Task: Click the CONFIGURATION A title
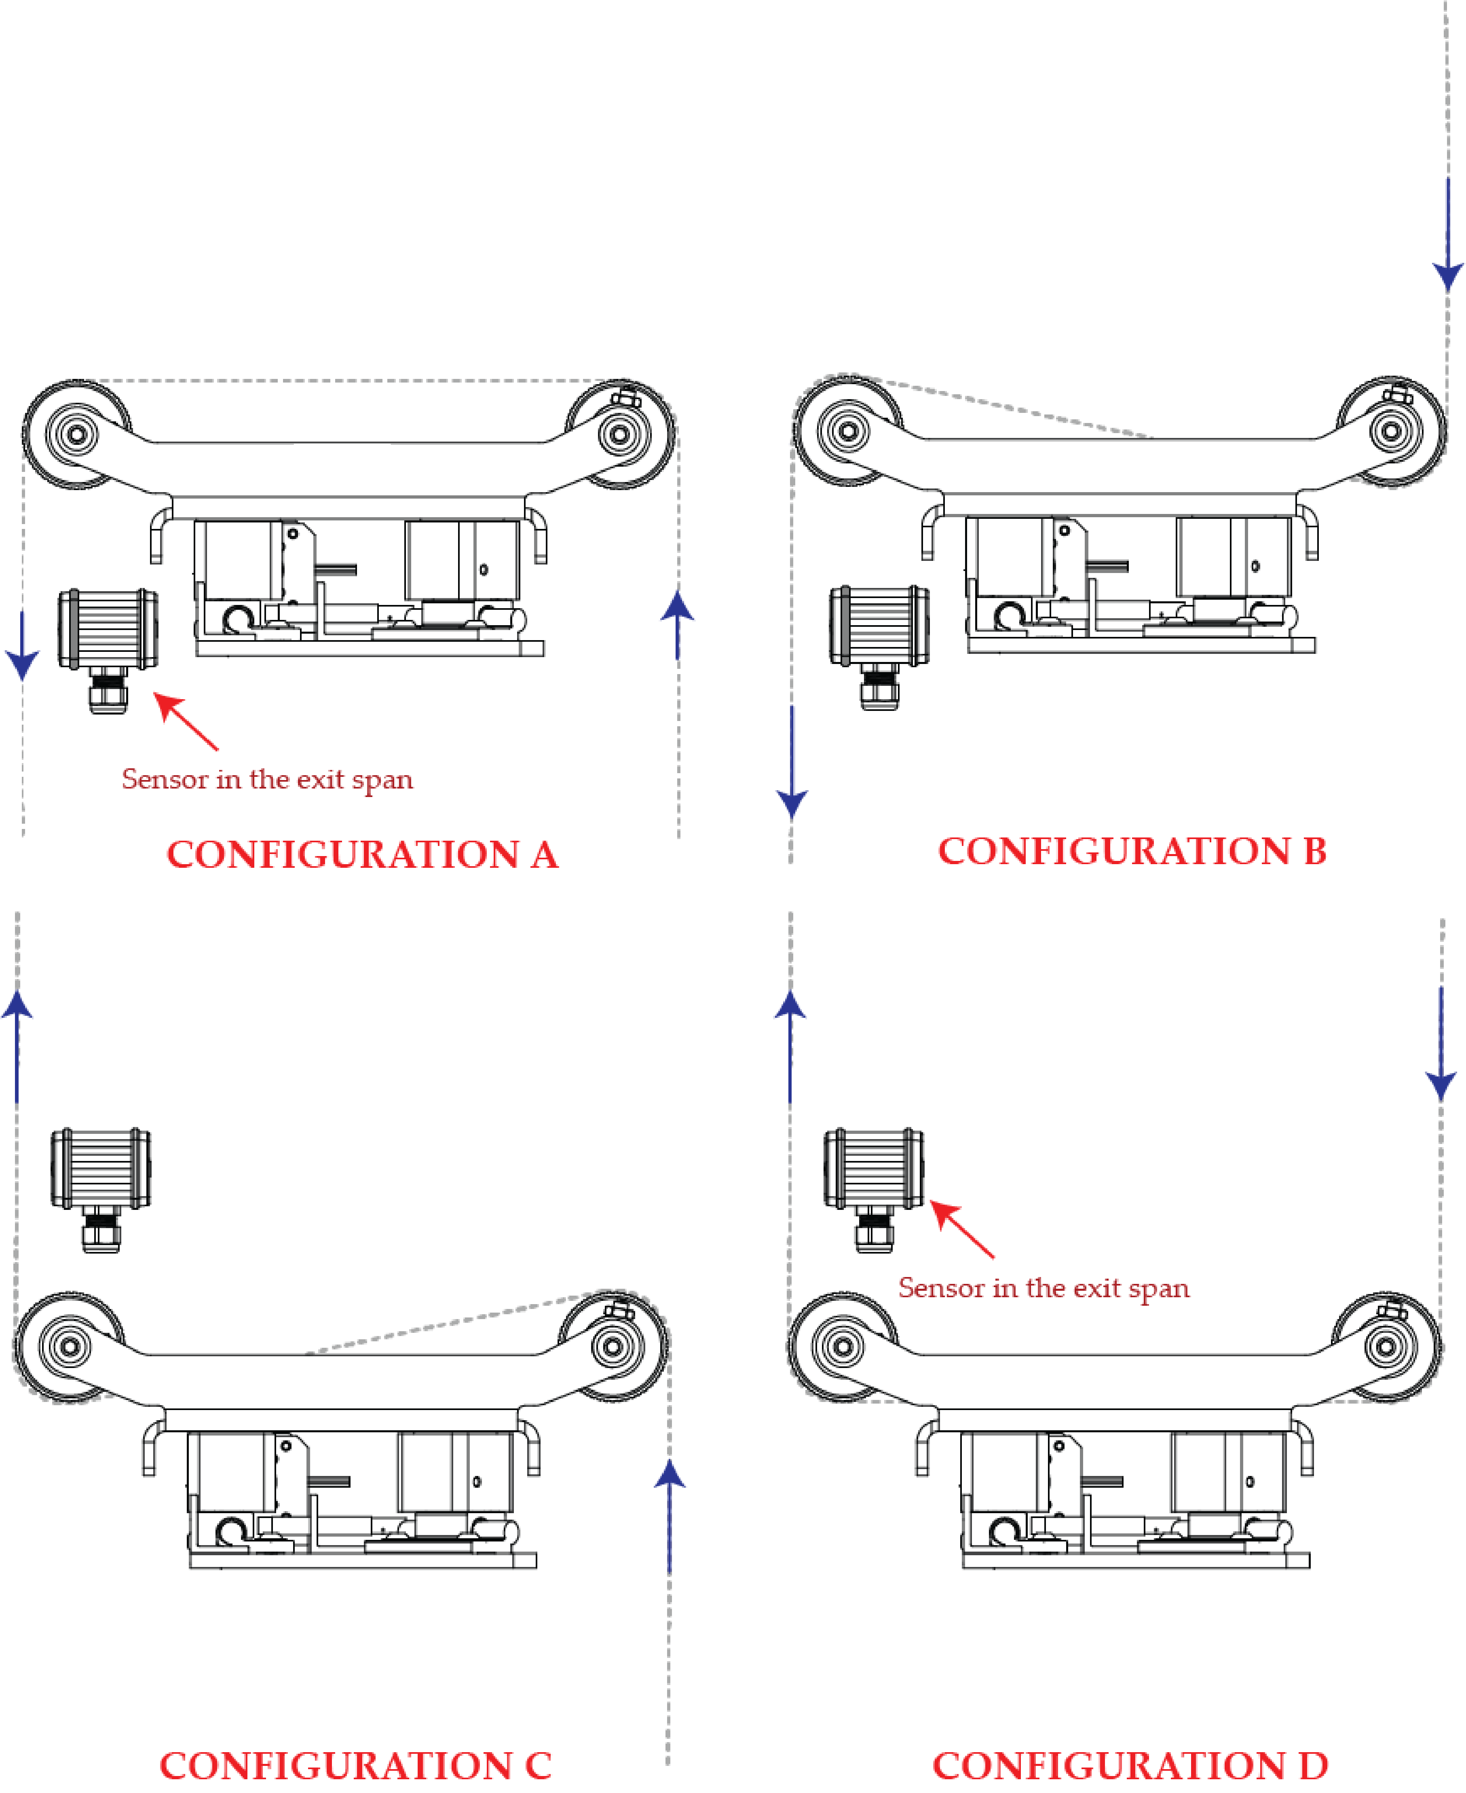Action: pos(362,855)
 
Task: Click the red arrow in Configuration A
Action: pos(186,721)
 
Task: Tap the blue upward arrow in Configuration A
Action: pos(677,625)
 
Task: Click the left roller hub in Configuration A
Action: pos(76,434)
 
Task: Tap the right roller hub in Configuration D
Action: pos(1386,1346)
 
